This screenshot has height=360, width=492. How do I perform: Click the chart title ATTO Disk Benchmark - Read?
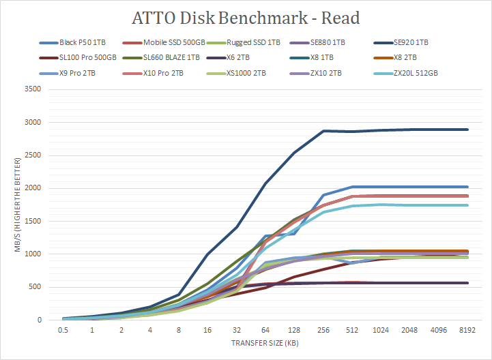coord(246,18)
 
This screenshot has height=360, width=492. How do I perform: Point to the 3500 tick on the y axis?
coord(32,89)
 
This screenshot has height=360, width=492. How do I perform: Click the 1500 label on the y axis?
coord(32,221)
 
